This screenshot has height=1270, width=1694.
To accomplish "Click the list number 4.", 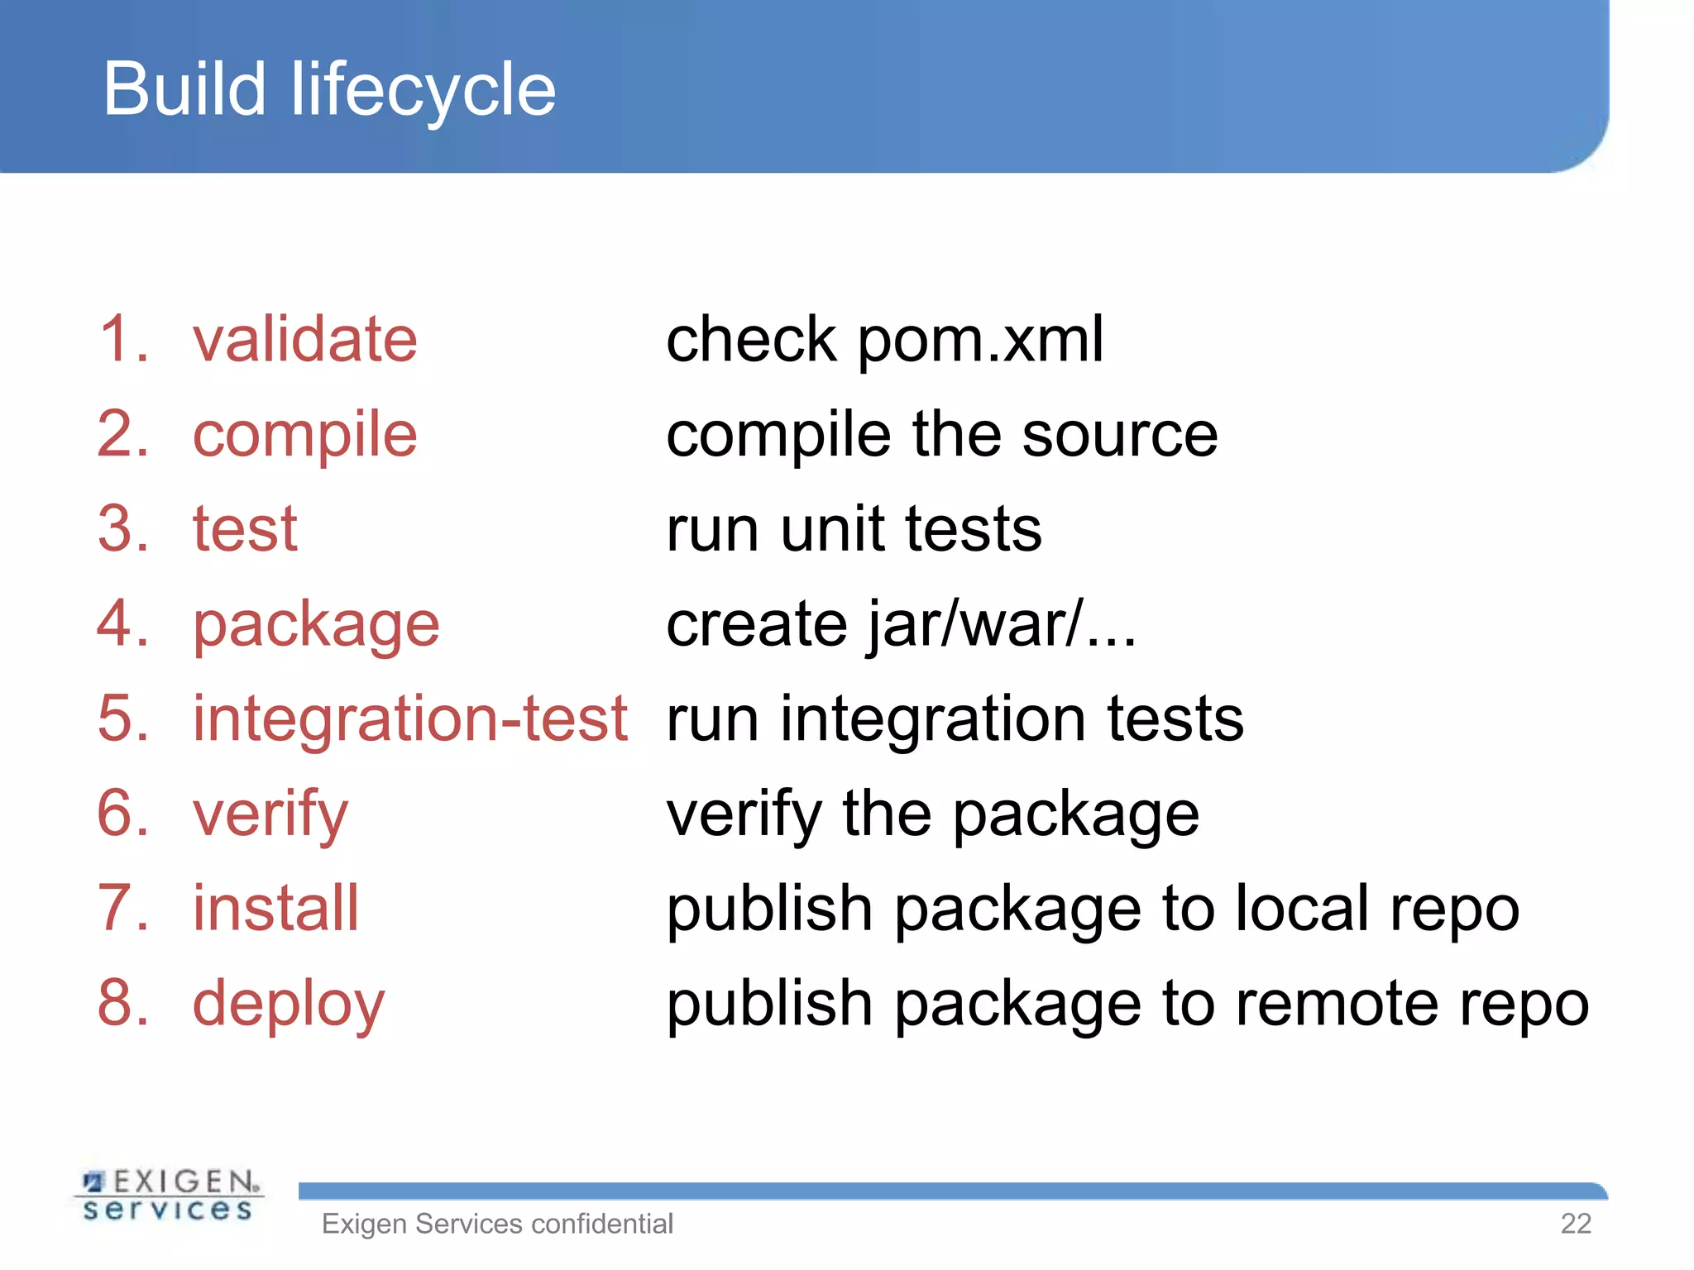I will point(122,623).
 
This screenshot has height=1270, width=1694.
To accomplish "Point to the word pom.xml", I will point(979,341).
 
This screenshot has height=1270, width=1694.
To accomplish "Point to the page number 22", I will point(1575,1224).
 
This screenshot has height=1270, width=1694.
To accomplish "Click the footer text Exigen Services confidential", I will point(497,1224).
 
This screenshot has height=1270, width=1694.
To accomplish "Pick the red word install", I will point(275,908).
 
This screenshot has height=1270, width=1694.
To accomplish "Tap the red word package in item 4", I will point(316,625).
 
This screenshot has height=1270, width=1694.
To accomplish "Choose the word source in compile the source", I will point(1119,435).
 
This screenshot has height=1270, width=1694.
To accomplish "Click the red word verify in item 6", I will point(270,815).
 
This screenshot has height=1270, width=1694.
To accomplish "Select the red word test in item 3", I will point(245,529).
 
